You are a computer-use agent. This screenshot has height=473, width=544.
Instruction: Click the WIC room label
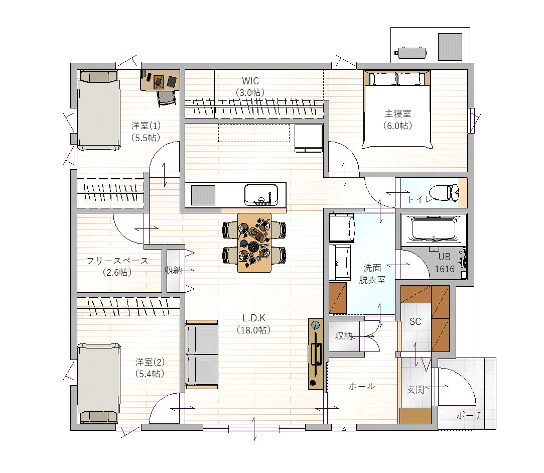pyautogui.click(x=250, y=81)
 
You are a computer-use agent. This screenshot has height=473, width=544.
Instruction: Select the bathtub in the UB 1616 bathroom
pyautogui.click(x=433, y=228)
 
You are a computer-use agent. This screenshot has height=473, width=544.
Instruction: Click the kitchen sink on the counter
pyautogui.click(x=261, y=195)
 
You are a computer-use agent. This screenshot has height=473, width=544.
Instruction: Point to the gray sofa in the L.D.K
pyautogui.click(x=202, y=354)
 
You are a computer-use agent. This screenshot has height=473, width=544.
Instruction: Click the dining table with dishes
pyautogui.click(x=254, y=243)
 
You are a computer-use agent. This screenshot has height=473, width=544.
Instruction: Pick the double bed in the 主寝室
pyautogui.click(x=397, y=109)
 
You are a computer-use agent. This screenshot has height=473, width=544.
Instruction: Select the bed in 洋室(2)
pyautogui.click(x=99, y=383)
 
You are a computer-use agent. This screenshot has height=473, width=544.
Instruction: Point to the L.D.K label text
pyautogui.click(x=254, y=318)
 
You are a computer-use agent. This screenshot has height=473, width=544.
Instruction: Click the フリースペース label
pyautogui.click(x=117, y=261)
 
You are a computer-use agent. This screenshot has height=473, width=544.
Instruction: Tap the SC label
pyautogui.click(x=416, y=322)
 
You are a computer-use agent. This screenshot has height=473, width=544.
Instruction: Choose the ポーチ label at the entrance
pyautogui.click(x=469, y=415)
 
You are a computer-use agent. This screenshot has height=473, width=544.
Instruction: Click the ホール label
pyautogui.click(x=361, y=386)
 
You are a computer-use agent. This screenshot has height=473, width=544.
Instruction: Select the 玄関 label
pyautogui.click(x=416, y=390)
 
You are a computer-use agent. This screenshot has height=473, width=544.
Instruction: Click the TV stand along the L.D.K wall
pyautogui.click(x=316, y=354)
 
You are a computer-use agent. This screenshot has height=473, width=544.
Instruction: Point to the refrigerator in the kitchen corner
pyautogui.click(x=309, y=138)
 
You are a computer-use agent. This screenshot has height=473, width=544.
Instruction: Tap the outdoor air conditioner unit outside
pyautogui.click(x=412, y=53)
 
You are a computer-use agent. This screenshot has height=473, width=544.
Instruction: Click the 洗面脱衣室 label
pyautogui.click(x=372, y=274)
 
